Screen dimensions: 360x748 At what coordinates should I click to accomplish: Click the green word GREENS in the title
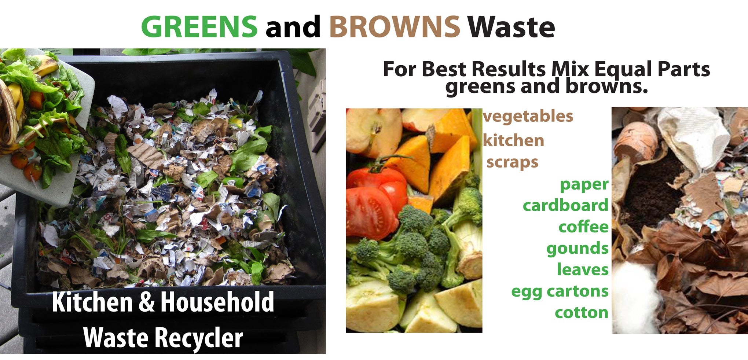pyautogui.click(x=199, y=27)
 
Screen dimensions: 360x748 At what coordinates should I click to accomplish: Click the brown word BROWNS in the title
pyautogui.click(x=394, y=27)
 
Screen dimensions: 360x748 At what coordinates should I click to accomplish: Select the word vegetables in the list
pyautogui.click(x=528, y=117)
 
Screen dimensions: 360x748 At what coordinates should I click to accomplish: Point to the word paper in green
pyautogui.click(x=584, y=184)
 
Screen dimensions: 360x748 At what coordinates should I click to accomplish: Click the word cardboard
pyautogui.click(x=565, y=206)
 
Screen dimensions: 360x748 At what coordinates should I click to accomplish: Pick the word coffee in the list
pyautogui.click(x=583, y=227)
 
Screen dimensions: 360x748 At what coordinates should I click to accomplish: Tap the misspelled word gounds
pyautogui.click(x=577, y=249)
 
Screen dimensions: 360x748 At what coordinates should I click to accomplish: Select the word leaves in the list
pyautogui.click(x=582, y=270)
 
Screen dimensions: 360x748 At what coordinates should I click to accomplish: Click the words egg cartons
pyautogui.click(x=560, y=291)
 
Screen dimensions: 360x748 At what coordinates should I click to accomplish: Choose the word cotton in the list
pyautogui.click(x=581, y=313)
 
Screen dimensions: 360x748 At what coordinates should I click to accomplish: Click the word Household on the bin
pyautogui.click(x=217, y=302)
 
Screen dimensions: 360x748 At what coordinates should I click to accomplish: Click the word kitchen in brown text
pyautogui.click(x=513, y=141)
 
